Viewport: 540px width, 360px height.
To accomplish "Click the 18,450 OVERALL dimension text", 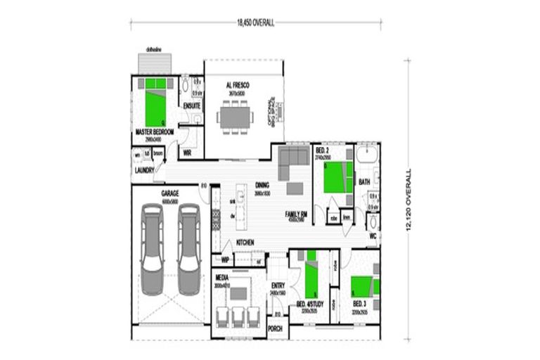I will coord(256,23).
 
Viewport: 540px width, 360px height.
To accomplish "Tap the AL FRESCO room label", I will coord(238,85).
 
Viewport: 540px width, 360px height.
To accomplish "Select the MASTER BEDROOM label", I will coord(154,131).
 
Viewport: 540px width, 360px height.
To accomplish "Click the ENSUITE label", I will coord(191,105).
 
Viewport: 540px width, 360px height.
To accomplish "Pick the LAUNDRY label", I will coord(144,170).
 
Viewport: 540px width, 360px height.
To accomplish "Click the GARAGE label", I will coord(170,192).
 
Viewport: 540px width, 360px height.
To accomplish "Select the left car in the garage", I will coord(152,248).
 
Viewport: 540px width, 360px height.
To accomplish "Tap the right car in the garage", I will coord(188,248).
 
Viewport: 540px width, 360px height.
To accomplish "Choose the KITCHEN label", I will coord(245,243).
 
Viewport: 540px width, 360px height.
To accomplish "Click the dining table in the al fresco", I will coord(233,115).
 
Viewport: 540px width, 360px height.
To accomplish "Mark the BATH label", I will coord(364,181).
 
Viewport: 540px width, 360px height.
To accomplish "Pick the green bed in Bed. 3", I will coord(365,288).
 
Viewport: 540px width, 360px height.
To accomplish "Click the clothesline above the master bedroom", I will coord(154,63).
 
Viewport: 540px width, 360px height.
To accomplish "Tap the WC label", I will coord(373,236).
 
